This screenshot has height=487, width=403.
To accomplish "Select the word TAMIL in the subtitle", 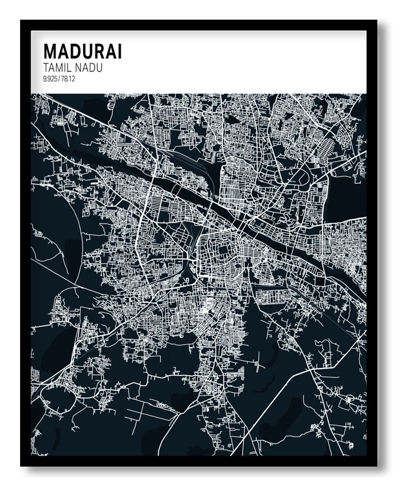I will point(55,68).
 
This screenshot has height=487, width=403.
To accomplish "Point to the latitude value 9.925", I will point(50,79).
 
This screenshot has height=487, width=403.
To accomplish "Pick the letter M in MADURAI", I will point(49,52).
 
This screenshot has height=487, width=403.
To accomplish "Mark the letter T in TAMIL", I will point(44,68).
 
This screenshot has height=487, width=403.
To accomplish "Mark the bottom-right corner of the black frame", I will point(376,464).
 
